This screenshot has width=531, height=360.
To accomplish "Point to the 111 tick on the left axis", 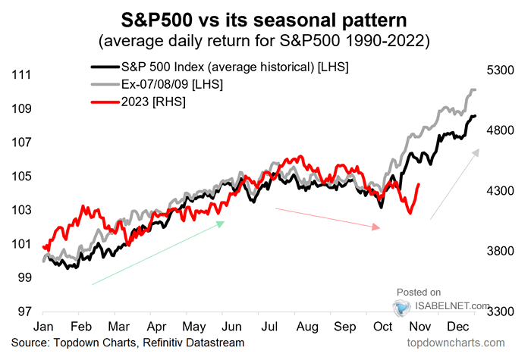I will tap(20, 75).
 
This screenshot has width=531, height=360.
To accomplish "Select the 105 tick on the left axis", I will tap(20, 177).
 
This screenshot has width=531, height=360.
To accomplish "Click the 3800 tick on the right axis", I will tap(501, 251).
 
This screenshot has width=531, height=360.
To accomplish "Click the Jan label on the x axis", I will tap(43, 328).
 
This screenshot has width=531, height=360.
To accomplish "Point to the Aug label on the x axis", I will tap(307, 328).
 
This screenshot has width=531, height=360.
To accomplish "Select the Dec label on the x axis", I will tap(465, 328).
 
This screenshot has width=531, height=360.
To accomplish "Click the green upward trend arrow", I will tap(158, 253).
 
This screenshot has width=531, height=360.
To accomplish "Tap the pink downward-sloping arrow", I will tap(327, 218).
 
